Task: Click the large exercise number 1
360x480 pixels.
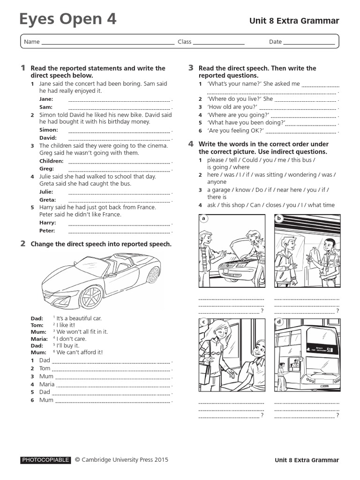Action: pyautogui.click(x=22, y=68)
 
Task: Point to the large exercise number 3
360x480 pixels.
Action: pyautogui.click(x=191, y=68)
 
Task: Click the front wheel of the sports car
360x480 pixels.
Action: pyautogui.click(x=91, y=296)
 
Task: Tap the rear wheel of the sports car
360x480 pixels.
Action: pyautogui.click(x=153, y=275)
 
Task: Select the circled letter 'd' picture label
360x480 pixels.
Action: pyautogui.click(x=279, y=322)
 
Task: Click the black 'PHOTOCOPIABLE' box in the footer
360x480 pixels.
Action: pyautogui.click(x=45, y=460)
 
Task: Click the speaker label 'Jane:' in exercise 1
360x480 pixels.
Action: pyautogui.click(x=46, y=99)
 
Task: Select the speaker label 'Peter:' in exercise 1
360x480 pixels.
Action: pyautogui.click(x=47, y=231)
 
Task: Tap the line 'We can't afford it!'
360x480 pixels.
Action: pyautogui.click(x=80, y=352)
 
